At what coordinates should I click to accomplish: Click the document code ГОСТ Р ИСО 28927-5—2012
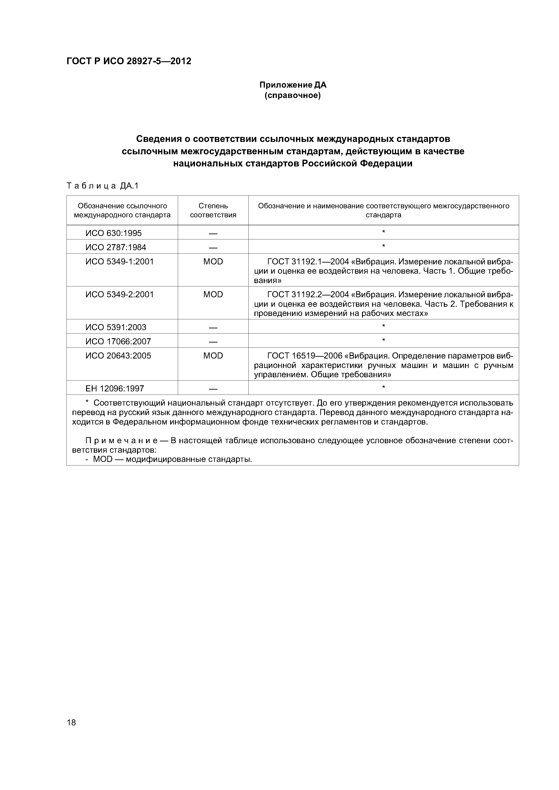click(128, 61)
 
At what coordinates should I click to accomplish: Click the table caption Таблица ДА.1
click(102, 186)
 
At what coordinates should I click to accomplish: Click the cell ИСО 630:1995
click(113, 233)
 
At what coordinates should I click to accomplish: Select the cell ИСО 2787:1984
click(116, 247)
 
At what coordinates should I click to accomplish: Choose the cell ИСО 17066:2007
click(118, 341)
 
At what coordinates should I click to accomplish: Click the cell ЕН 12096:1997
click(115, 388)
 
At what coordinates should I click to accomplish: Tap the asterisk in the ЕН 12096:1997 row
click(383, 387)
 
